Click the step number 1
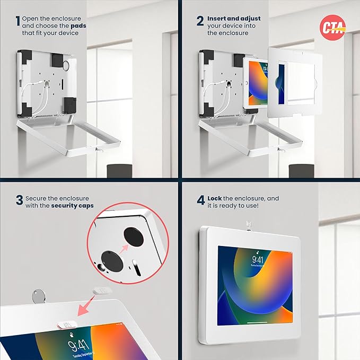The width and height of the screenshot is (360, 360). tap(17, 21)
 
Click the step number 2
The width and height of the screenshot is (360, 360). tap(200, 21)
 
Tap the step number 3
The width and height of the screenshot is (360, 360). tap(19, 200)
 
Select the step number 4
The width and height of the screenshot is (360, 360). tap(201, 201)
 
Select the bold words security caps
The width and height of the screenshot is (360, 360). tap(73, 205)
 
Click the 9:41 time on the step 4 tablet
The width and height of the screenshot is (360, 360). tap(257, 260)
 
